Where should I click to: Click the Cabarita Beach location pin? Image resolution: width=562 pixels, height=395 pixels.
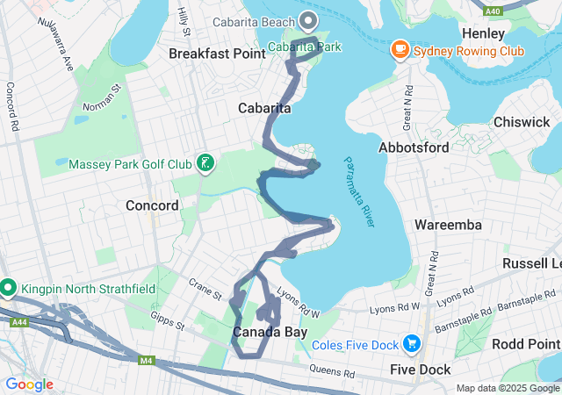pos(307,20)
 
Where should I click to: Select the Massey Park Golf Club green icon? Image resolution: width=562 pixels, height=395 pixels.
pos(204,163)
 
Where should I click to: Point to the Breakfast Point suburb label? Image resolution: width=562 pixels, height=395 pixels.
pos(217,54)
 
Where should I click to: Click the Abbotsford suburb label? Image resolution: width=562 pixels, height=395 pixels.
pos(414,148)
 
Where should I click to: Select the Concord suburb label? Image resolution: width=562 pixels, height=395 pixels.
pos(152,205)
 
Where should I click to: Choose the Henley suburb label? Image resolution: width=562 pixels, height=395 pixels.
pos(483,33)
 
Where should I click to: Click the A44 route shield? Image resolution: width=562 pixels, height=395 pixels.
pos(18,323)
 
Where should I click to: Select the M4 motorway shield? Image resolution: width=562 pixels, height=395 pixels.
pos(146,359)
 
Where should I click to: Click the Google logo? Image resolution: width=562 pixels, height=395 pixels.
pos(29,384)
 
